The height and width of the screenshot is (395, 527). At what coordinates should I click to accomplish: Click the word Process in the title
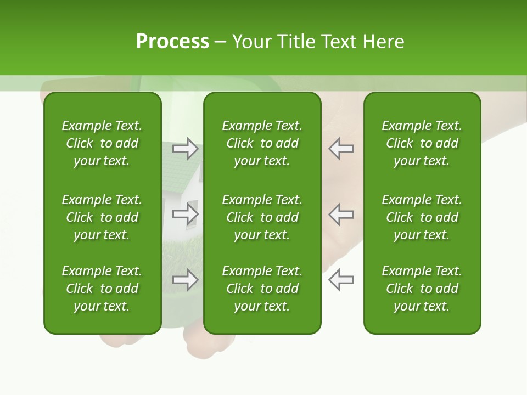click(172, 42)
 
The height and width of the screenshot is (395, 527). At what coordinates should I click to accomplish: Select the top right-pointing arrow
click(186, 148)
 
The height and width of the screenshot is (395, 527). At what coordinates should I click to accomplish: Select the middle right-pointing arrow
click(186, 214)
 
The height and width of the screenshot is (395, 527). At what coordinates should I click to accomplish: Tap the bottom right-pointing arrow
click(186, 280)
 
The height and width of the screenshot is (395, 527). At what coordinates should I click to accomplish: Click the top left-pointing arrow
click(341, 148)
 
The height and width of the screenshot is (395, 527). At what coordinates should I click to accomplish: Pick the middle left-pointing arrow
click(341, 214)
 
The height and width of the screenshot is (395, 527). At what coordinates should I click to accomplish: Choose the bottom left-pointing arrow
click(341, 280)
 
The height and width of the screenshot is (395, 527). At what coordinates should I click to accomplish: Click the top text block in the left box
click(102, 143)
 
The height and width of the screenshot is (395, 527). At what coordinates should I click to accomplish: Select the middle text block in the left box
click(102, 217)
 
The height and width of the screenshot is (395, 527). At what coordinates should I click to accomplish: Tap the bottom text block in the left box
click(102, 289)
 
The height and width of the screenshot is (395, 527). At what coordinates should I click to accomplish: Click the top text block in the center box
click(262, 143)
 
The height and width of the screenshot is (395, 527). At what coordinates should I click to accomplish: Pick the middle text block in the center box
click(262, 217)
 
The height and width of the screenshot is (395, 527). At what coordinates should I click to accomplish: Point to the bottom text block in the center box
click(262, 289)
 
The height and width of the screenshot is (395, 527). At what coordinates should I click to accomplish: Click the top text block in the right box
click(422, 143)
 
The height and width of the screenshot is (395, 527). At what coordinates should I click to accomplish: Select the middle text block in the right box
click(422, 217)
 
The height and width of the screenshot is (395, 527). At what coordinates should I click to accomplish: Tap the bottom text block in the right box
click(422, 289)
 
